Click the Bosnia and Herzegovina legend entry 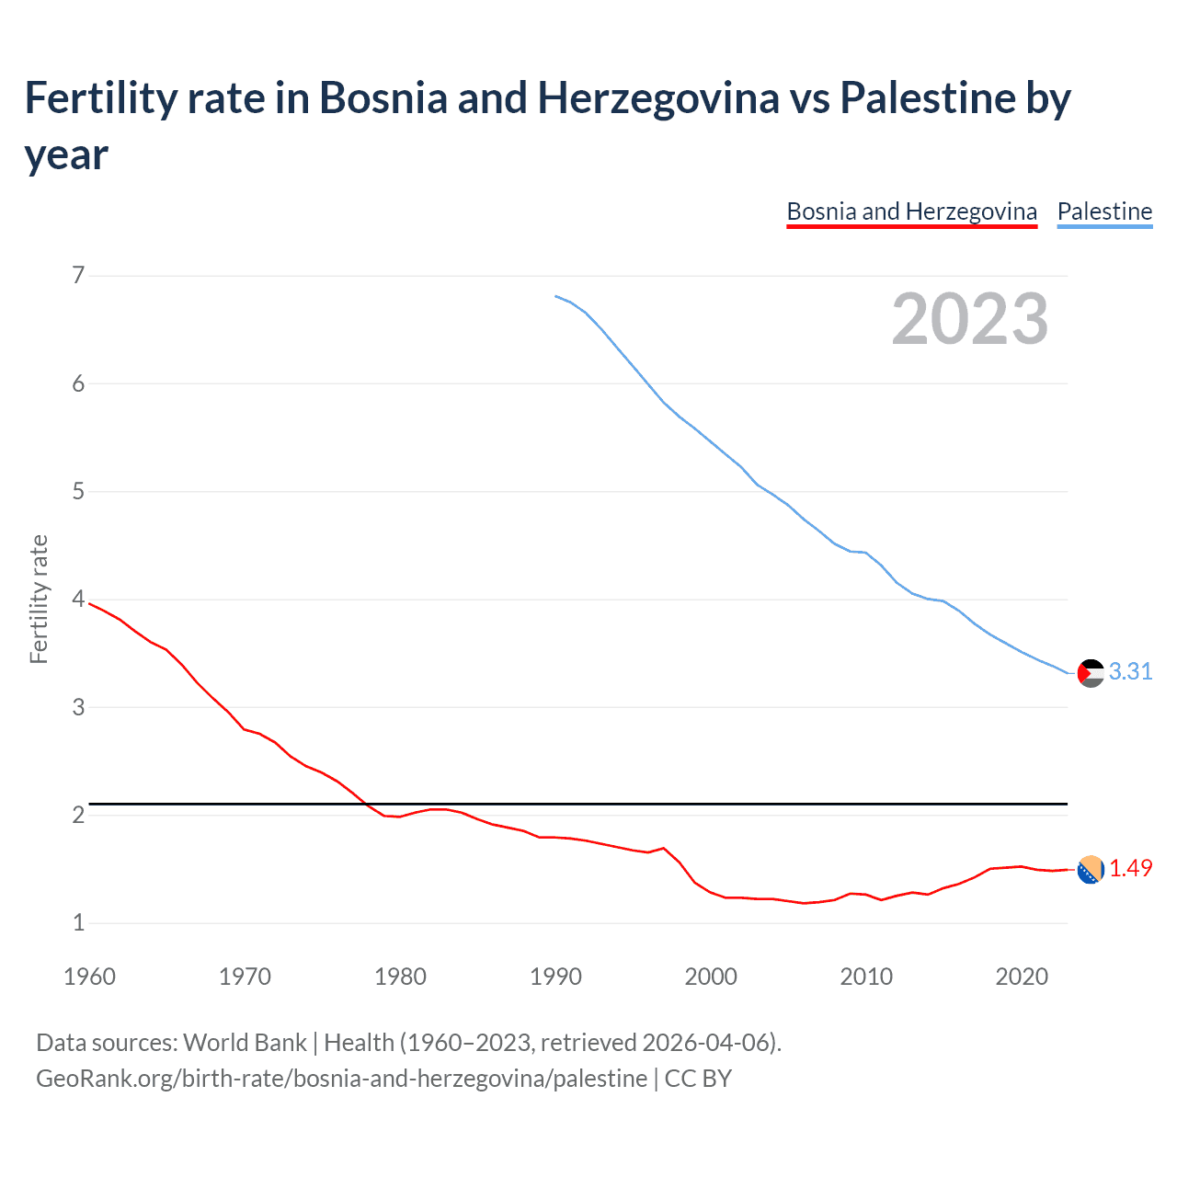pos(911,211)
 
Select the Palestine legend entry pos(1104,211)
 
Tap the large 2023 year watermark pos(970,319)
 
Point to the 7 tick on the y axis pos(78,275)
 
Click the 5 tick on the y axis pos(78,491)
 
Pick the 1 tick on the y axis pos(78,922)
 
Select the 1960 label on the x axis pos(89,977)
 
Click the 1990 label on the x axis pos(555,977)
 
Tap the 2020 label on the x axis pos(1022,977)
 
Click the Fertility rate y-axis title pos(39,599)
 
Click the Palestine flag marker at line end pos(1091,673)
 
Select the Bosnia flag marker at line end pos(1091,869)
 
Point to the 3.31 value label pos(1130,672)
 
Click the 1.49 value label pos(1130,868)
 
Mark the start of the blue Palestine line pos(556,296)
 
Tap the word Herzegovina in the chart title pos(658,98)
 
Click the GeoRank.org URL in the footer pos(341,1078)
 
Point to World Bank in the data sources pos(245,1043)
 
